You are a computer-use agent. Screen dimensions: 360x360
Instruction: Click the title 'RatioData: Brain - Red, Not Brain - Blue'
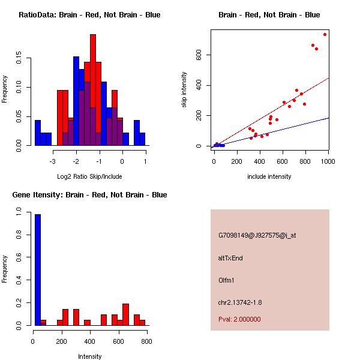click(89, 15)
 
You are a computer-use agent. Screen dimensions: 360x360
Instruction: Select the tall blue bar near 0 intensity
click(38, 270)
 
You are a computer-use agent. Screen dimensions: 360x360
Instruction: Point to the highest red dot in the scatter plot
click(325, 34)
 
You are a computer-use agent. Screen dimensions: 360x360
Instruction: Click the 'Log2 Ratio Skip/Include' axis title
click(89, 176)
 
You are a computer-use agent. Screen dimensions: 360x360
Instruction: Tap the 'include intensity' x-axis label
click(269, 176)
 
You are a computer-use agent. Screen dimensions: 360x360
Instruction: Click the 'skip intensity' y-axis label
click(184, 90)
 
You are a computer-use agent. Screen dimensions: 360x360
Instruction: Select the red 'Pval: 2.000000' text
click(239, 319)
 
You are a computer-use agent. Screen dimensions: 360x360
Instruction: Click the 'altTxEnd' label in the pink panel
click(230, 258)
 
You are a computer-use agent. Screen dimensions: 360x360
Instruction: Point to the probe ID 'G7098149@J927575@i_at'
click(257, 235)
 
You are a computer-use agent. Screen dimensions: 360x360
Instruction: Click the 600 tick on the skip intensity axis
click(199, 55)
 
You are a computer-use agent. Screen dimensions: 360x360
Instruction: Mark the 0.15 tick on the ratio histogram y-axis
click(19, 59)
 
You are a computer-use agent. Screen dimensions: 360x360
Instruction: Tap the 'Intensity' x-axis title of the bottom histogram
click(89, 356)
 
